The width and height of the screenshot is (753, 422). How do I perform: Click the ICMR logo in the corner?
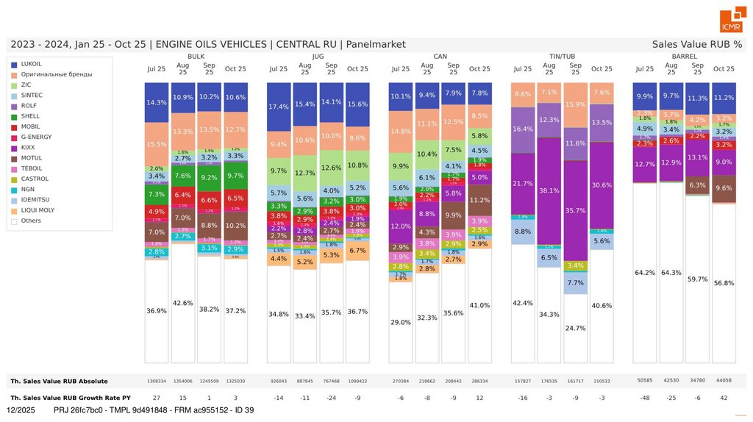[731, 21]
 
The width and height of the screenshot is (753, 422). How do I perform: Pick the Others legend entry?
[32, 221]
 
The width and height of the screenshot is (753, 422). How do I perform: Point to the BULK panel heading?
[196, 57]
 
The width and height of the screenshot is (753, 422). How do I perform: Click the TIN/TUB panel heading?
[562, 57]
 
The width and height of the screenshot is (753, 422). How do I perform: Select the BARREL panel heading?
[684, 57]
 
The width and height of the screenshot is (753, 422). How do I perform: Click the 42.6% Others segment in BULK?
[183, 302]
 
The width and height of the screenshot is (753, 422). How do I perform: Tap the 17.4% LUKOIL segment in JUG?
[279, 107]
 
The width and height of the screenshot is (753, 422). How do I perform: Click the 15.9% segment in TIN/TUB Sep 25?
[575, 104]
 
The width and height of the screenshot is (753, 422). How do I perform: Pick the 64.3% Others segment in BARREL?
[671, 272]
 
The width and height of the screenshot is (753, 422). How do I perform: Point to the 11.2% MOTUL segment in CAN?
[479, 200]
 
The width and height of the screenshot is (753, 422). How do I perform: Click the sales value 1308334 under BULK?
[157, 381]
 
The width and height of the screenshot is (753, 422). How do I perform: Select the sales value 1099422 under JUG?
[357, 381]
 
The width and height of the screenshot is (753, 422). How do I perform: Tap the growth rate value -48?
[644, 398]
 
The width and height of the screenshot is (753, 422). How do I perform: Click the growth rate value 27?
[157, 398]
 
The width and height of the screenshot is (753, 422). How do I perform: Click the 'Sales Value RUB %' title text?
[696, 44]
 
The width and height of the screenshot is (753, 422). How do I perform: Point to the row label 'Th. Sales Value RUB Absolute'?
[59, 381]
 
